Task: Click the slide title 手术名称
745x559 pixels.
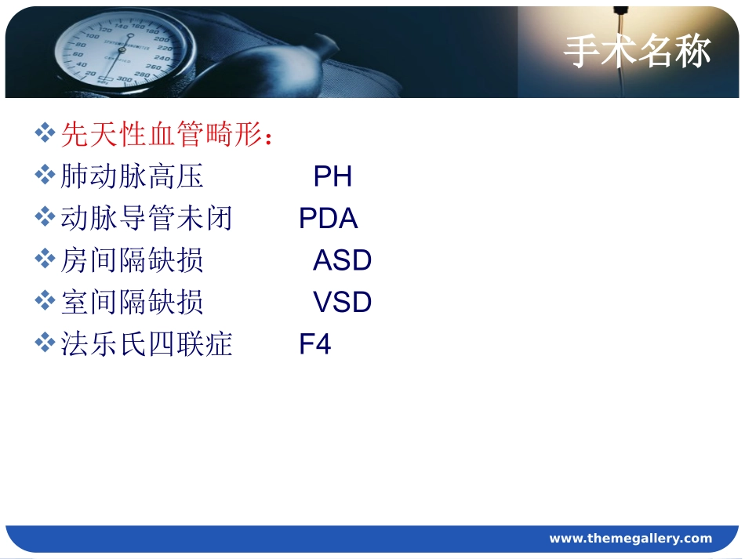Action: [x=637, y=53]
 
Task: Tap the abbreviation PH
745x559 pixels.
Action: [x=333, y=177]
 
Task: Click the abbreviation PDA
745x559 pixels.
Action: [x=328, y=219]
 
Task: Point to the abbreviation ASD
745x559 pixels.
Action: [x=342, y=260]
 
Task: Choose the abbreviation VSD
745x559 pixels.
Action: [x=342, y=303]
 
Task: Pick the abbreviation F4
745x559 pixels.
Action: [x=315, y=344]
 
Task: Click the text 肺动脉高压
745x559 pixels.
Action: [x=132, y=177]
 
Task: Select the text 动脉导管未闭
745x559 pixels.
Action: [x=147, y=219]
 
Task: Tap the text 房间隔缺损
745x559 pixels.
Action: [x=132, y=260]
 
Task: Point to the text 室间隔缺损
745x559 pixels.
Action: [x=132, y=303]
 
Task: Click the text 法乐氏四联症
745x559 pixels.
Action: [x=147, y=344]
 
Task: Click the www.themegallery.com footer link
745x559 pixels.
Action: [x=631, y=539]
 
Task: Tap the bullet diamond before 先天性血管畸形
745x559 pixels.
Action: [x=45, y=132]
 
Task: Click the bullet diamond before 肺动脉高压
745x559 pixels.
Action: [x=45, y=175]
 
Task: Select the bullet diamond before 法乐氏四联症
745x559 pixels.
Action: [x=45, y=342]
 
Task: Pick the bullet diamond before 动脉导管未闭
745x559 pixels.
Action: [x=45, y=216]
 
